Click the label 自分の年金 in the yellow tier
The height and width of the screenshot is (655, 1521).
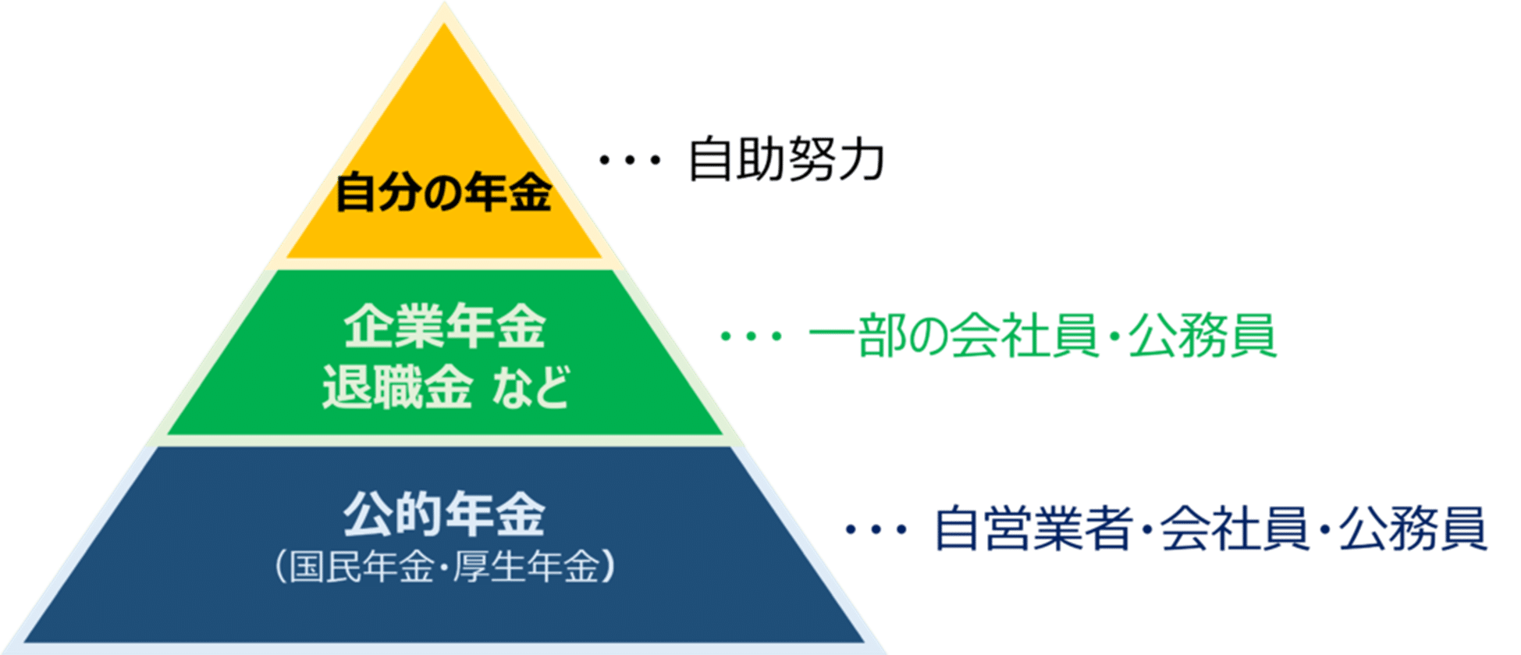tap(443, 193)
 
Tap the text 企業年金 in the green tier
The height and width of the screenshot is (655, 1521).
tap(445, 327)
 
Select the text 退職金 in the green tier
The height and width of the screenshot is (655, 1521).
tap(397, 386)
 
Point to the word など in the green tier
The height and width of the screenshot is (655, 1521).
tap(531, 386)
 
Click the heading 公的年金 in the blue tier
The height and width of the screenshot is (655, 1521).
tap(445, 515)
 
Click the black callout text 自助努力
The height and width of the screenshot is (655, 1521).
tap(786, 160)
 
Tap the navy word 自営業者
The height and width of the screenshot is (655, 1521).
tap(1033, 529)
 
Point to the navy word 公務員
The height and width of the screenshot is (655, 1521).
tap(1413, 529)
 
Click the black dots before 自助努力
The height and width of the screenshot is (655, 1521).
tap(630, 161)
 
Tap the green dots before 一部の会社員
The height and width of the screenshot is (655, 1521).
tap(751, 336)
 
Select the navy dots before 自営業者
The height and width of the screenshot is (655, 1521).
tap(876, 529)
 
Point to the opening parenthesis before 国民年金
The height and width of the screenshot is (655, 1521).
tap(281, 568)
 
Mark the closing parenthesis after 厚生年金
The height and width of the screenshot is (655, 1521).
tap(609, 568)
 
